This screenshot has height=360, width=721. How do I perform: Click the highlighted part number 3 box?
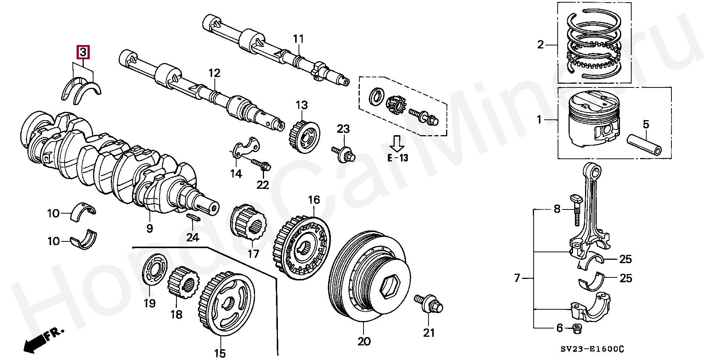click(83, 52)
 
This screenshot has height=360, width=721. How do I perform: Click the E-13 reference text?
click(397, 158)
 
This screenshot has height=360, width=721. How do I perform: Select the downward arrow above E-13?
click(397, 143)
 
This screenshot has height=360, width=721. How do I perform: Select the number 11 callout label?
click(298, 39)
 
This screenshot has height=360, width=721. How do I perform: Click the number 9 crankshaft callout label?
click(149, 228)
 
